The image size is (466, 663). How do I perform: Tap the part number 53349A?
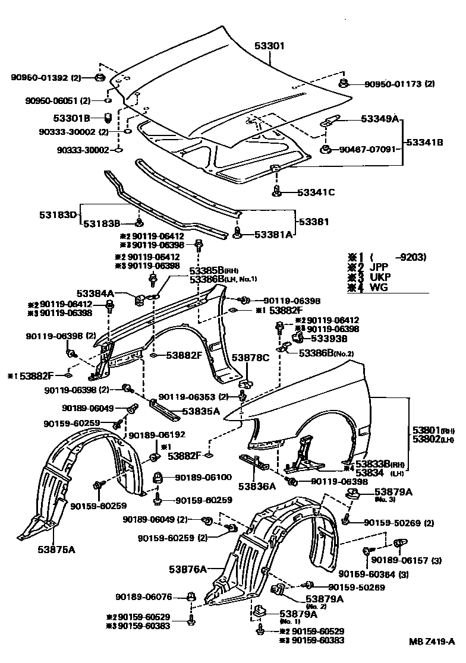pos(379,119)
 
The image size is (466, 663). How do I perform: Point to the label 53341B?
pos(425,143)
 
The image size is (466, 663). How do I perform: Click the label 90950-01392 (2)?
pos(46,78)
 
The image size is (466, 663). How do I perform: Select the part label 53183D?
pos(58,214)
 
